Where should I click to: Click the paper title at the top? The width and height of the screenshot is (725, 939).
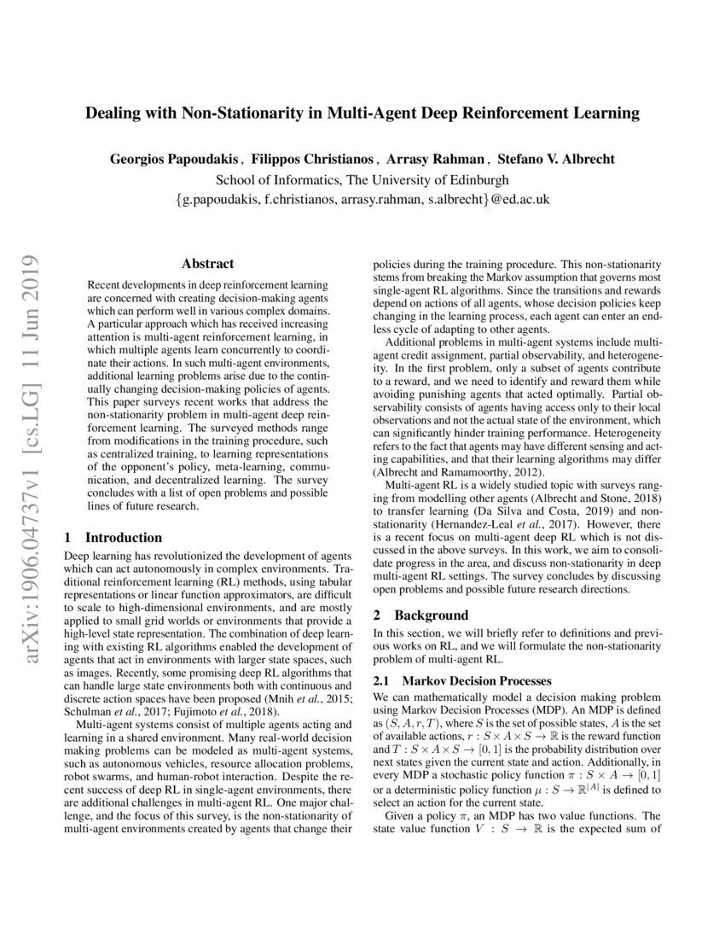click(362, 113)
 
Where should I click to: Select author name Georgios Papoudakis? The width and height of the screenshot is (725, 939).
click(175, 160)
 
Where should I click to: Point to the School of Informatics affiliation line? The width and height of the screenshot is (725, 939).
click(362, 180)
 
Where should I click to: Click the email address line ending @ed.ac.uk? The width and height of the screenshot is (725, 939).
click(362, 200)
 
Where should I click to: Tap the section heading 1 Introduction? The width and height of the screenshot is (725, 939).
click(113, 538)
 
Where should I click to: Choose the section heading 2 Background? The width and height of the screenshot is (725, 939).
click(421, 615)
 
